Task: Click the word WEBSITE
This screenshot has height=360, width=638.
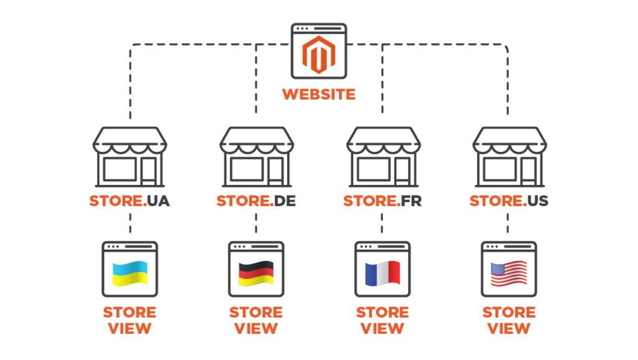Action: (318, 95)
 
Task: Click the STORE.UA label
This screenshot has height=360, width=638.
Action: (130, 201)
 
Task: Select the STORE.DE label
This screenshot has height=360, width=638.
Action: (256, 201)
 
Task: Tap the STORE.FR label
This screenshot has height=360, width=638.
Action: (383, 201)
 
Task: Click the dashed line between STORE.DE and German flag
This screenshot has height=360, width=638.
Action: (256, 225)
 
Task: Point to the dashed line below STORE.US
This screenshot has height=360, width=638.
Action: (508, 225)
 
